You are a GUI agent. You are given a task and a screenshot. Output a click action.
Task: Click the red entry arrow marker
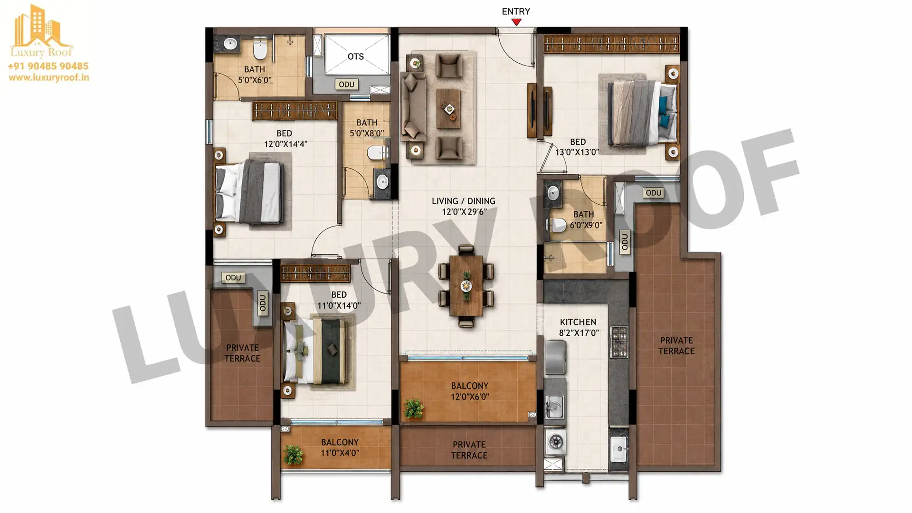coord(516,22)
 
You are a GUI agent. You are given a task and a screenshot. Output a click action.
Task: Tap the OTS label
coord(355,57)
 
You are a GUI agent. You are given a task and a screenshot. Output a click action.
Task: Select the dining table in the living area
coord(466,286)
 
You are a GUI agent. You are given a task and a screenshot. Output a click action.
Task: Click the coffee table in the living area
coord(449,108)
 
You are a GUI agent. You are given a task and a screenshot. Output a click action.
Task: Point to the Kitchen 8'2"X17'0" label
coord(578,327)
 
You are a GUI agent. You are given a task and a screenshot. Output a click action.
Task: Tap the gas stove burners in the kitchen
coord(619,342)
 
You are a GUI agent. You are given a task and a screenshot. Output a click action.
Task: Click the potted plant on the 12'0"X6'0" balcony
coord(413,408)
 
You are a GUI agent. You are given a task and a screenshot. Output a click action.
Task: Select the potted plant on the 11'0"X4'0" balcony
coord(293,455)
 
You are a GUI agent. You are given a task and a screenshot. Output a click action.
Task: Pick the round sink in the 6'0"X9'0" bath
coord(553,193)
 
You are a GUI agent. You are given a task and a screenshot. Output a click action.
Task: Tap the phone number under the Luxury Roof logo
coord(48,66)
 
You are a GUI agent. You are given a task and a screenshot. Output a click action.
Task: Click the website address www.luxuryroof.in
coord(48,77)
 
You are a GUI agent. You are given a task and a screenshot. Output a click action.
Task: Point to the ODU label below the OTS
coord(346,85)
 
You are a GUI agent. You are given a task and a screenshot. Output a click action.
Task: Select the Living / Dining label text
coord(464,206)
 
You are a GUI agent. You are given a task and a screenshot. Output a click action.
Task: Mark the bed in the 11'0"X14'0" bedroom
coord(317,351)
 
